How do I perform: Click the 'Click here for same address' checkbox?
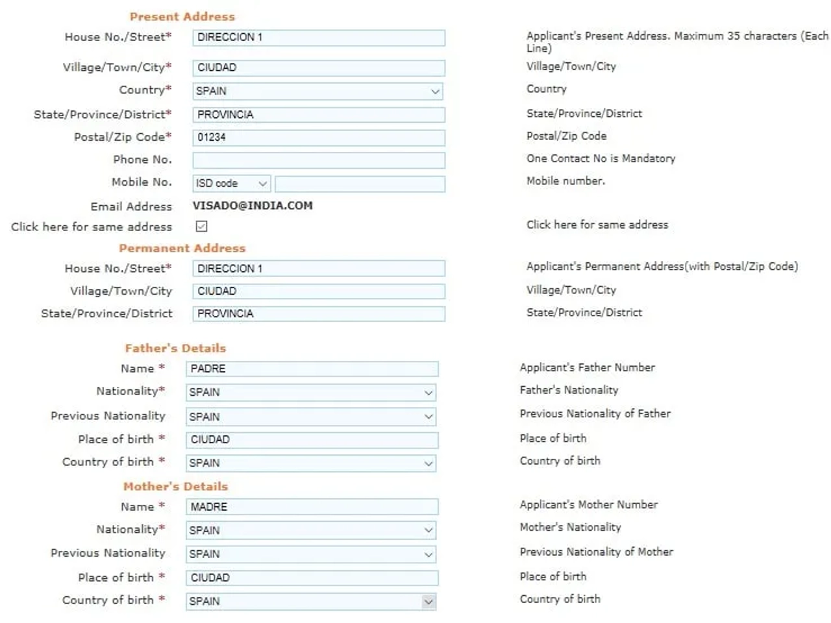201,226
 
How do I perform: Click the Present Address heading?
182,17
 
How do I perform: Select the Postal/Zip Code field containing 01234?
318,138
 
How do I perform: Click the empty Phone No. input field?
318,160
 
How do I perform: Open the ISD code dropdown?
231,184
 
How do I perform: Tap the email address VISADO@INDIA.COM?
253,206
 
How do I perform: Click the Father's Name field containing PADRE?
312,369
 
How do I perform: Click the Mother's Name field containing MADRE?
312,507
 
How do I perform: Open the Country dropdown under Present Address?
318,92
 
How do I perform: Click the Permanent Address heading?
182,248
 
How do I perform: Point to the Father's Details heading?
175,348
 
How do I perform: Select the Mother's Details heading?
175,486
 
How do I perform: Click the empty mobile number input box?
360,184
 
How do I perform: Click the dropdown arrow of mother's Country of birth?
428,602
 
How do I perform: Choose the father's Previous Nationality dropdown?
311,417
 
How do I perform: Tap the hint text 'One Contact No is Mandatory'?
601,158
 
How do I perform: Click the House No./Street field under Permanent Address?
318,269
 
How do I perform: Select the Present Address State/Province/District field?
318,115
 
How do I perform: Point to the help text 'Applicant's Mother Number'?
588,504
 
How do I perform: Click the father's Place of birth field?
312,440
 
